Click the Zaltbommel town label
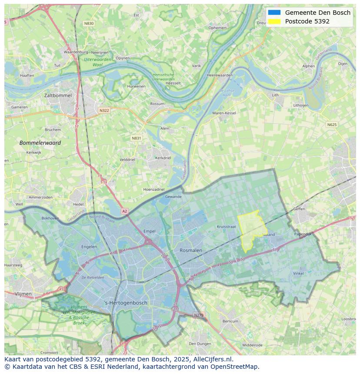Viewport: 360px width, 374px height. click(58, 95)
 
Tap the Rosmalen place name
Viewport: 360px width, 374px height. click(191, 250)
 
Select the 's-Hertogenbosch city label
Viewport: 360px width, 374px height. click(126, 303)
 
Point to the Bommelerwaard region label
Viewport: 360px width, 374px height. click(40, 143)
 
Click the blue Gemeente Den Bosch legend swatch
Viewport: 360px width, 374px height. click(274, 13)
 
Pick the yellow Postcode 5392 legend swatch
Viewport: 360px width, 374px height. click(274, 21)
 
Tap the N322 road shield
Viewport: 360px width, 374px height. click(104, 110)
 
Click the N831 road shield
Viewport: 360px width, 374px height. click(137, 138)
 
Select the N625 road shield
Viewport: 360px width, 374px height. click(332, 125)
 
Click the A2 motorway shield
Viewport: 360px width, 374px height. click(125, 211)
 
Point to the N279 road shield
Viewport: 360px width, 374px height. click(198, 315)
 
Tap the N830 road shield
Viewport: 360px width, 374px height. click(89, 23)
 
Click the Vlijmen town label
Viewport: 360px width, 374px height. click(23, 294)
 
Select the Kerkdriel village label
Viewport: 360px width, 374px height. click(163, 158)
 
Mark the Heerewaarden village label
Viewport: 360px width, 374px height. click(220, 75)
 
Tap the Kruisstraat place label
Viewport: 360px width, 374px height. click(226, 227)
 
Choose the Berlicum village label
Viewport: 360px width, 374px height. click(230, 321)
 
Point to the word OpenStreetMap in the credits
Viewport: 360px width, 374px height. click(234, 367)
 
